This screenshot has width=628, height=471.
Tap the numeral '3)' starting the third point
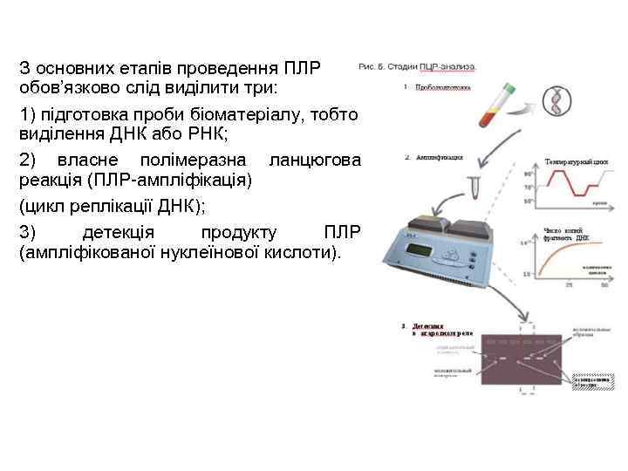point(28,232)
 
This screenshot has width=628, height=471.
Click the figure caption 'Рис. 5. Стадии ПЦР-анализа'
point(417,66)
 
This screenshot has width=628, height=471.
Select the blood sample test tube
point(497,105)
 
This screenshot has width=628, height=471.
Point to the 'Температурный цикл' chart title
point(576,162)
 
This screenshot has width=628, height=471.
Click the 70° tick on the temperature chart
point(529,188)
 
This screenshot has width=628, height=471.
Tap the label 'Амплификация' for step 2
point(440,158)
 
